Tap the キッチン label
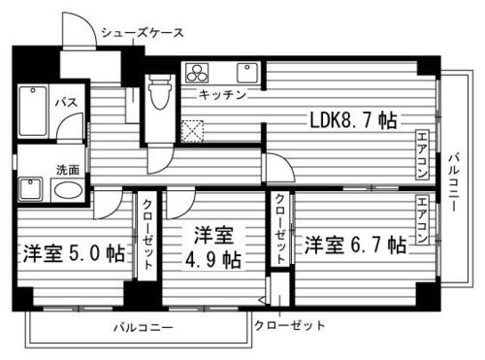[222, 94]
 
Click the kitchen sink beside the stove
[248, 74]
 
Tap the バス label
[65, 101]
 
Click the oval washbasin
[66, 189]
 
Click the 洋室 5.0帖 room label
[74, 254]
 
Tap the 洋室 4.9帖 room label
[214, 247]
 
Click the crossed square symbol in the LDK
[192, 130]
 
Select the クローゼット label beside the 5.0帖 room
[146, 233]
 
